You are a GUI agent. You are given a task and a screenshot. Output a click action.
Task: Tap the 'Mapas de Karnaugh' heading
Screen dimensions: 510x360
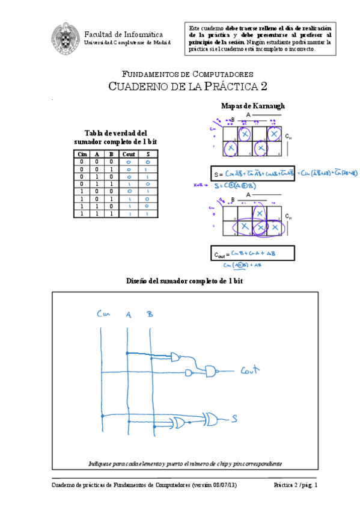[x=252, y=106]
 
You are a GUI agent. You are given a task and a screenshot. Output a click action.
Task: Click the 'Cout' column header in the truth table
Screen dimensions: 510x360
[x=128, y=155]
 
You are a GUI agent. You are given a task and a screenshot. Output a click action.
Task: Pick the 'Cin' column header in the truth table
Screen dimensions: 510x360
[x=83, y=155]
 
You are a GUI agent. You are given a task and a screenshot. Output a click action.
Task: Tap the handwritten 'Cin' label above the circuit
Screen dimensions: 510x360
[x=103, y=314]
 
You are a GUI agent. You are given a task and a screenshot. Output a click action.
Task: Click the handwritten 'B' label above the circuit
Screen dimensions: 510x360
[x=150, y=314]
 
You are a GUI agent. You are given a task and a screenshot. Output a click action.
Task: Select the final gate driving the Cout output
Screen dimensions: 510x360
[x=211, y=370]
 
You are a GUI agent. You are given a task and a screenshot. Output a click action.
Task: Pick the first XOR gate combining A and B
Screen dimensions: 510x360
[x=180, y=423]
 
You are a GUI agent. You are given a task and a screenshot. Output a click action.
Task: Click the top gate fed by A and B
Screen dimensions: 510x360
[x=175, y=357]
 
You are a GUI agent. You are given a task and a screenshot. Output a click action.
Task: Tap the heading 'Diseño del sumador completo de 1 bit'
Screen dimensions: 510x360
[x=185, y=281]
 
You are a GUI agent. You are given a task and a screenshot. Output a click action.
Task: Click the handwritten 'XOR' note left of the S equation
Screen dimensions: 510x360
[x=197, y=186]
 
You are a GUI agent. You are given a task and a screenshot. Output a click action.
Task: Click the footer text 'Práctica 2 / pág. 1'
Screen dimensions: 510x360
[x=295, y=485]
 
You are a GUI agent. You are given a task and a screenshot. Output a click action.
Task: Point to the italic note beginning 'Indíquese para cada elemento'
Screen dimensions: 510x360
[x=185, y=464]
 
